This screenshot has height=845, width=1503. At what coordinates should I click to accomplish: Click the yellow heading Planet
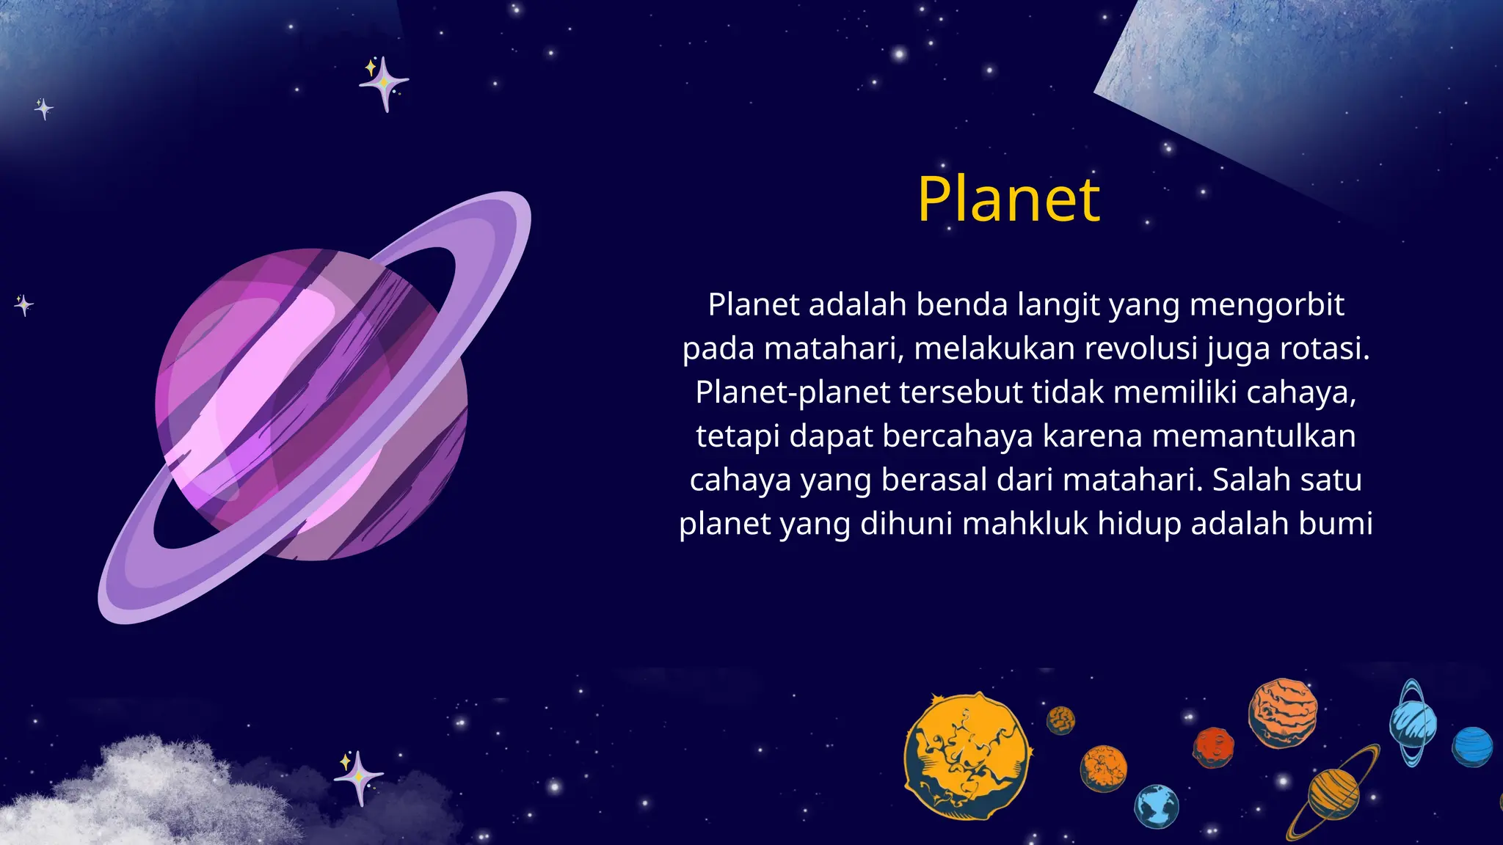(1008, 199)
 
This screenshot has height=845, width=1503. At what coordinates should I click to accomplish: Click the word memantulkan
(1253, 436)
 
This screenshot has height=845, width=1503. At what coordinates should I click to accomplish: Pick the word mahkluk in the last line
(1025, 524)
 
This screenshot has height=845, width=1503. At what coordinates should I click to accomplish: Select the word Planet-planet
(793, 392)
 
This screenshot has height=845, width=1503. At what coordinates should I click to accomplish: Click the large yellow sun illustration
(967, 756)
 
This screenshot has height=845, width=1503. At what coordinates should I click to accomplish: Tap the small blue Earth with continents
(1157, 805)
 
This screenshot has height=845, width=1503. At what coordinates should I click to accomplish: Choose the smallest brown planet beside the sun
(1060, 720)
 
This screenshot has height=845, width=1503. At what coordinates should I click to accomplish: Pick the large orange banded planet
(1282, 712)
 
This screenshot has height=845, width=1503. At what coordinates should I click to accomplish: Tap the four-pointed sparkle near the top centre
(384, 84)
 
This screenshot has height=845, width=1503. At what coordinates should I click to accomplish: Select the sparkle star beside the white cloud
(358, 777)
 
